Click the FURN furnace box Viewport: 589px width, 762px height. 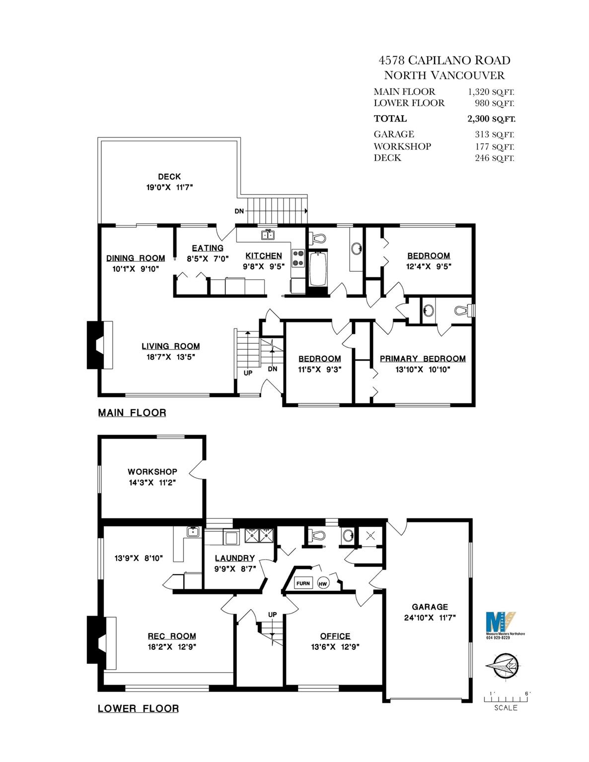(x=302, y=583)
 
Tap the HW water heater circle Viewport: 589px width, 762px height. (x=323, y=583)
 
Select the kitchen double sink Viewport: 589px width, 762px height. (x=268, y=235)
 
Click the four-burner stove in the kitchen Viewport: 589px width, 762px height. (x=298, y=258)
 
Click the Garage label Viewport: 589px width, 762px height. (x=430, y=607)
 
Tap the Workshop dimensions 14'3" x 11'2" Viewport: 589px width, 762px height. (x=152, y=483)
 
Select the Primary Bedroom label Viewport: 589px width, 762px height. (x=423, y=359)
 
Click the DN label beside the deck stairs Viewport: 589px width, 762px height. (x=239, y=211)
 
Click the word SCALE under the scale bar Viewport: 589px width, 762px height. (x=506, y=707)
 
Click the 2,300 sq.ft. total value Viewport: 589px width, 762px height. (x=491, y=119)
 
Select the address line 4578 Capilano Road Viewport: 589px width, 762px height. (x=444, y=61)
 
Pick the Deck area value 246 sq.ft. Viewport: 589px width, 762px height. (x=495, y=158)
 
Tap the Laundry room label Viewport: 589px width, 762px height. (x=235, y=558)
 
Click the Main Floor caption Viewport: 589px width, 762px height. (x=132, y=412)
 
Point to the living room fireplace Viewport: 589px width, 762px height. (x=100, y=345)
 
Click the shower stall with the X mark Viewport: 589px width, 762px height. (x=369, y=535)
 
